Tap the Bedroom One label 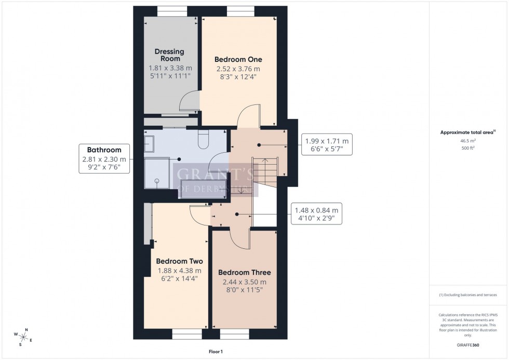(238, 59)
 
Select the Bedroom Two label (179, 261)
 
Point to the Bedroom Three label (244, 272)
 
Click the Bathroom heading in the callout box (104, 150)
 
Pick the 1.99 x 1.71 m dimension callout (326, 145)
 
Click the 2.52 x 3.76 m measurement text (238, 69)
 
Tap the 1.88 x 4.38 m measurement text (179, 271)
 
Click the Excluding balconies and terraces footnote (467, 295)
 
